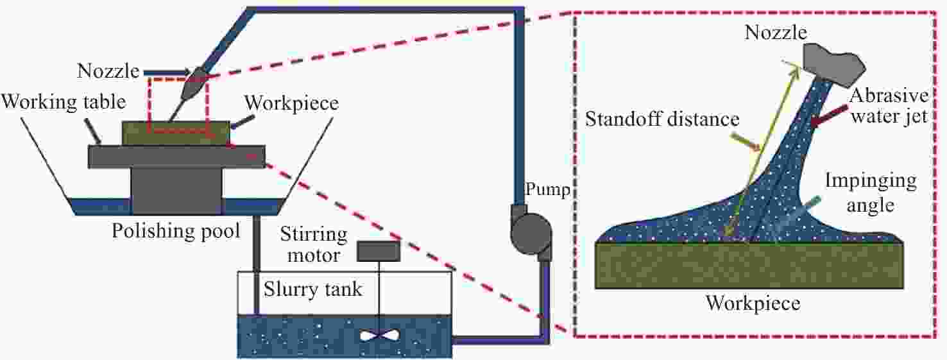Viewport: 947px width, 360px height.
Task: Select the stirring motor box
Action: pos(379,252)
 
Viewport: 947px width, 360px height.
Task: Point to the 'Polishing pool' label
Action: pos(176,230)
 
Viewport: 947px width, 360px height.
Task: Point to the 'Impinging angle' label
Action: pos(871,193)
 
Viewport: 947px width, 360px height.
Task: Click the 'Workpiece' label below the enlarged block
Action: pos(753,302)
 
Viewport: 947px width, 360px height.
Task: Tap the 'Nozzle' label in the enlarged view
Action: pos(775,33)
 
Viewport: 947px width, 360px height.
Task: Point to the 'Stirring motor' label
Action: pos(313,244)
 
